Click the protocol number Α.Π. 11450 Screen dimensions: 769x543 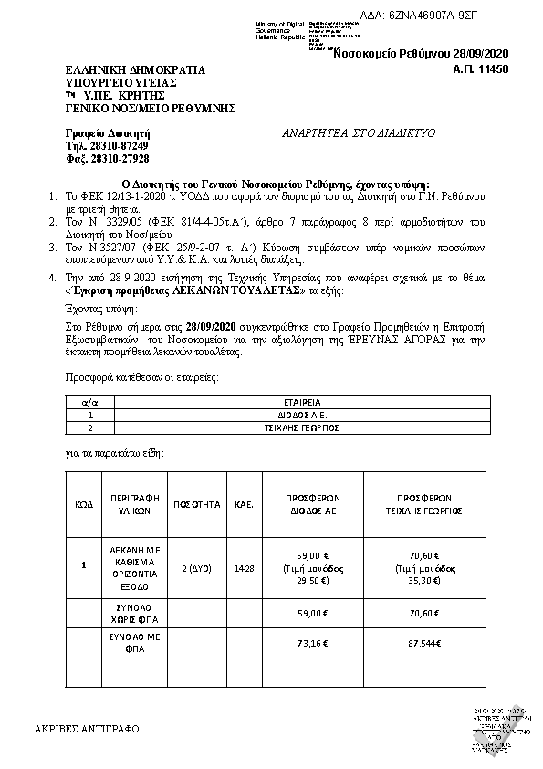pyautogui.click(x=480, y=69)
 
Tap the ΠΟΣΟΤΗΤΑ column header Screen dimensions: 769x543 pyautogui.click(x=197, y=503)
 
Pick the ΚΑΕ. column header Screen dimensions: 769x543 pyautogui.click(x=244, y=503)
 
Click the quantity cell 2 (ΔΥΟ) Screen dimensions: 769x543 pyautogui.click(x=197, y=567)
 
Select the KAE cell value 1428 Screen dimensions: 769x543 pyautogui.click(x=244, y=567)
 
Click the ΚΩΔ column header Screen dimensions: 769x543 pyautogui.click(x=84, y=503)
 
